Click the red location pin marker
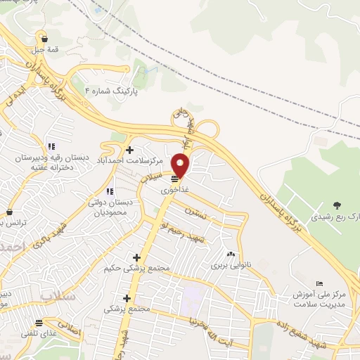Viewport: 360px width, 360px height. (181, 165)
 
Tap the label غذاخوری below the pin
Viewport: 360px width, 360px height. (174, 190)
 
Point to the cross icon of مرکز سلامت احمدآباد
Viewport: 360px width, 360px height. (129, 150)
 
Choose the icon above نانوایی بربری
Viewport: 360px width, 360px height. (231, 255)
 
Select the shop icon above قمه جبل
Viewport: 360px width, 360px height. (45, 39)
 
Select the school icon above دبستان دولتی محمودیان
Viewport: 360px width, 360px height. (110, 191)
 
